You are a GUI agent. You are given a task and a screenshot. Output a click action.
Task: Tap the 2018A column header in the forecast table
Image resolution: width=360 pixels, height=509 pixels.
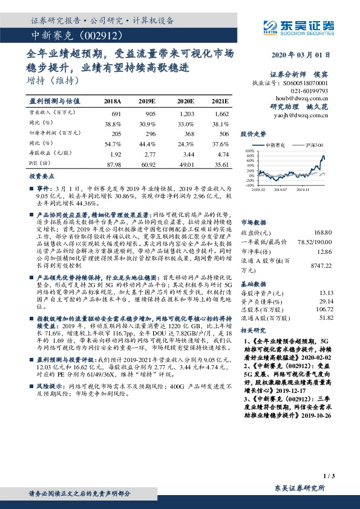point(113,102)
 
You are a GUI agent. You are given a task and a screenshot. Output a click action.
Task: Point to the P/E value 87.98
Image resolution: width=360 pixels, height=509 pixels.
point(114,164)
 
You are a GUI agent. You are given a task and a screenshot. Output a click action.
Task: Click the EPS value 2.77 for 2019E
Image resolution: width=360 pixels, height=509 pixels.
point(149,154)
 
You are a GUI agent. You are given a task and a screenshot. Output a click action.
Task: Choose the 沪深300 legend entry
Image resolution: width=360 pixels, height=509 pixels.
point(313,146)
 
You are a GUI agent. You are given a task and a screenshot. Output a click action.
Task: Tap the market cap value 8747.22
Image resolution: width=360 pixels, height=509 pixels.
point(321,265)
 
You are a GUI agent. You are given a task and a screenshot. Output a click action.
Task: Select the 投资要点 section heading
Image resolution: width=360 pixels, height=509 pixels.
point(42,177)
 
